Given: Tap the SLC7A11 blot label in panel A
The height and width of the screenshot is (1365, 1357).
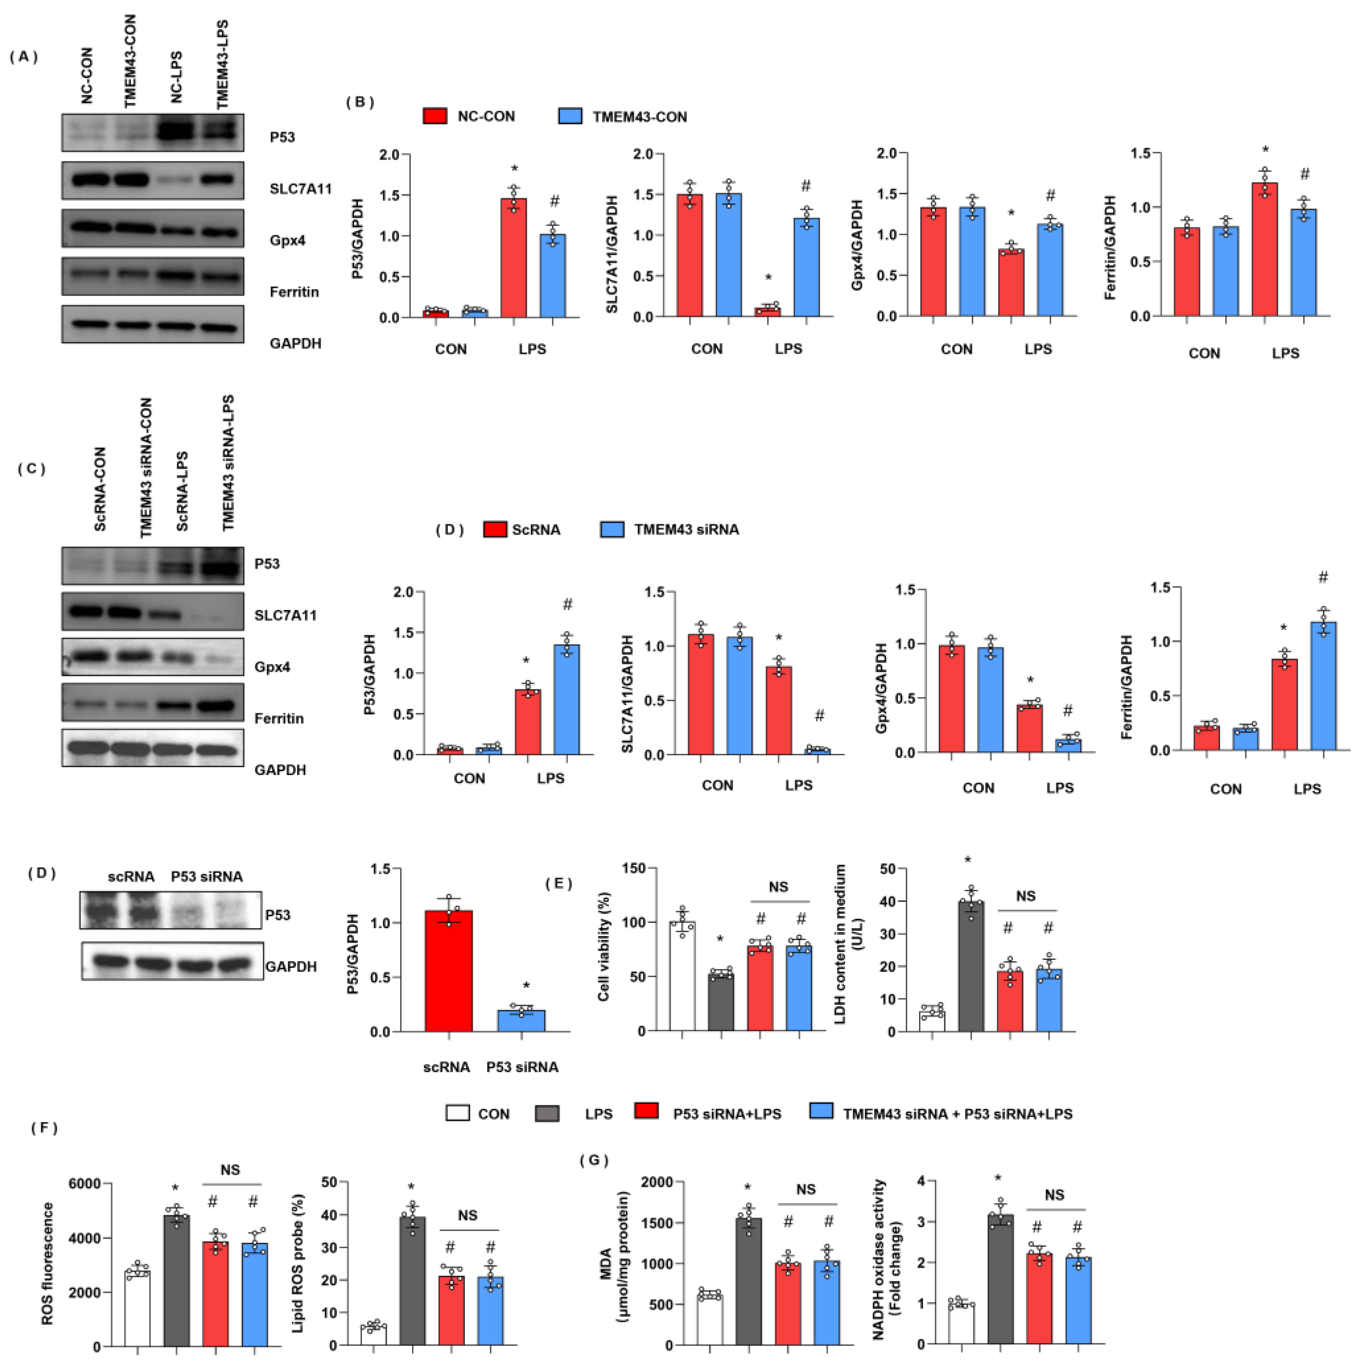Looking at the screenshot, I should pyautogui.click(x=300, y=189).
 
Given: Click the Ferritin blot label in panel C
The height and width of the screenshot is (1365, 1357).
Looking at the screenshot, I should pyautogui.click(x=279, y=718).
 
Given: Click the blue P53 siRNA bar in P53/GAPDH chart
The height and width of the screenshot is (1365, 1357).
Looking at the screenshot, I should pyautogui.click(x=522, y=1021).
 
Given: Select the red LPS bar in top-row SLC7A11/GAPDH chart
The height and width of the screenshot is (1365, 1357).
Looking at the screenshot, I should pyautogui.click(x=768, y=311).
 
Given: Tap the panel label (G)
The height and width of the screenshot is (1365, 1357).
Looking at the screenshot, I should pyautogui.click(x=593, y=1160).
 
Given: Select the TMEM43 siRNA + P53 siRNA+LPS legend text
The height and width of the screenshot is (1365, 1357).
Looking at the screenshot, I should pyautogui.click(x=957, y=1114).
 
